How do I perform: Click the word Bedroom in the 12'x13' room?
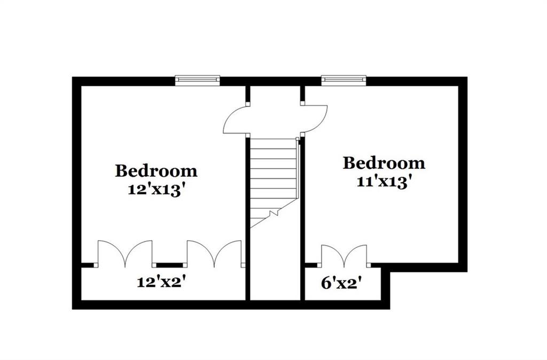pos(157,171)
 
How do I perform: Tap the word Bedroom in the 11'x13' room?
pos(384,163)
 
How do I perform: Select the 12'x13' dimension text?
pos(156,190)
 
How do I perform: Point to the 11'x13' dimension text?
pos(382,182)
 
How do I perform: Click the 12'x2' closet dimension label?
pos(160,282)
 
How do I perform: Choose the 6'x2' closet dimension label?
pos(341,283)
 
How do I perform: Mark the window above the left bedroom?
pos(198,80)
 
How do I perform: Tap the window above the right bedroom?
pos(344,80)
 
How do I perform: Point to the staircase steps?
pos(273,182)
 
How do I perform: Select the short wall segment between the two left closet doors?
pos(169,265)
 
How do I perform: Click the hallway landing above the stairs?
pos(275,112)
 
